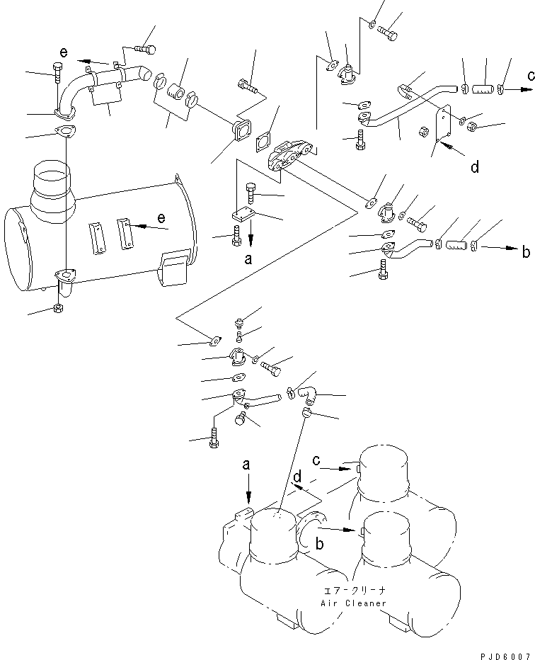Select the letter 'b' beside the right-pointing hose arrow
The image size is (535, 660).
click(525, 251)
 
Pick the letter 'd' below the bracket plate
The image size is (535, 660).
click(475, 167)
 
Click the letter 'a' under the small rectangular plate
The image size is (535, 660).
click(248, 260)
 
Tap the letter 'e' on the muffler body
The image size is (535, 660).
click(162, 217)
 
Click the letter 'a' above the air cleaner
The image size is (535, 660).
click(246, 465)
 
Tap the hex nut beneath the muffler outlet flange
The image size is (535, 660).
click(56, 309)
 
